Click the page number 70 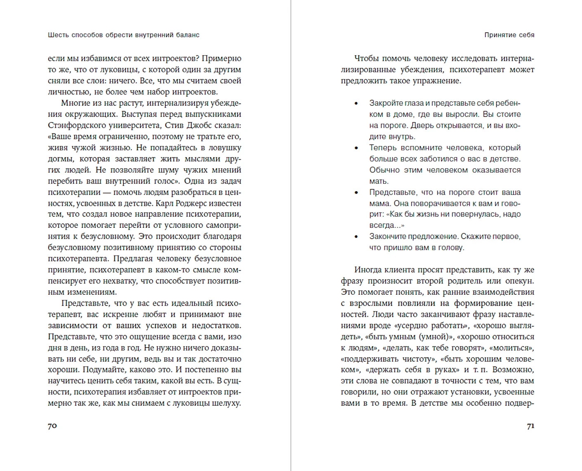click(52, 426)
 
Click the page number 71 click(530, 426)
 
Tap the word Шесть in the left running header click(58, 35)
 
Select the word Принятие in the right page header click(498, 35)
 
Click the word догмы click(61, 159)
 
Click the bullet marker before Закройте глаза click(357, 103)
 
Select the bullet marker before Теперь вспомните click(357, 148)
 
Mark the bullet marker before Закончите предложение click(357, 237)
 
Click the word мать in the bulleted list click(379, 181)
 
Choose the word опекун click(519, 281)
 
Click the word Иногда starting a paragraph click(368, 270)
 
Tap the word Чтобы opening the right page click(366, 59)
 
